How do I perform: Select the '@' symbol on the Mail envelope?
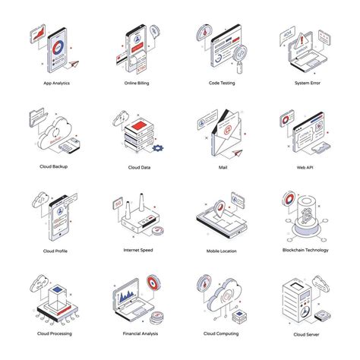click(x=227, y=131)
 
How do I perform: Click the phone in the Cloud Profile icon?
click(x=57, y=220)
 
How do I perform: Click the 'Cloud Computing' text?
click(x=221, y=333)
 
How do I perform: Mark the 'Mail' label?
click(x=223, y=166)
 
